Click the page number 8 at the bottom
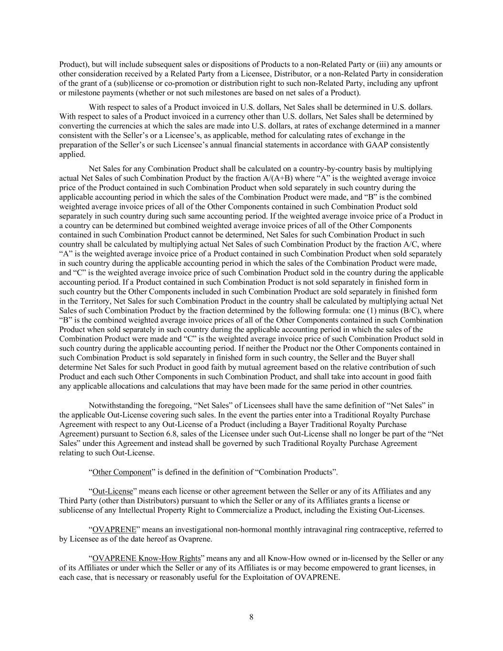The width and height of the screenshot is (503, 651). point(251,617)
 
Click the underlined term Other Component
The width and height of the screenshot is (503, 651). point(122,472)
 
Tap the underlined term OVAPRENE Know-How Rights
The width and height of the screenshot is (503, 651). point(146,558)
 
